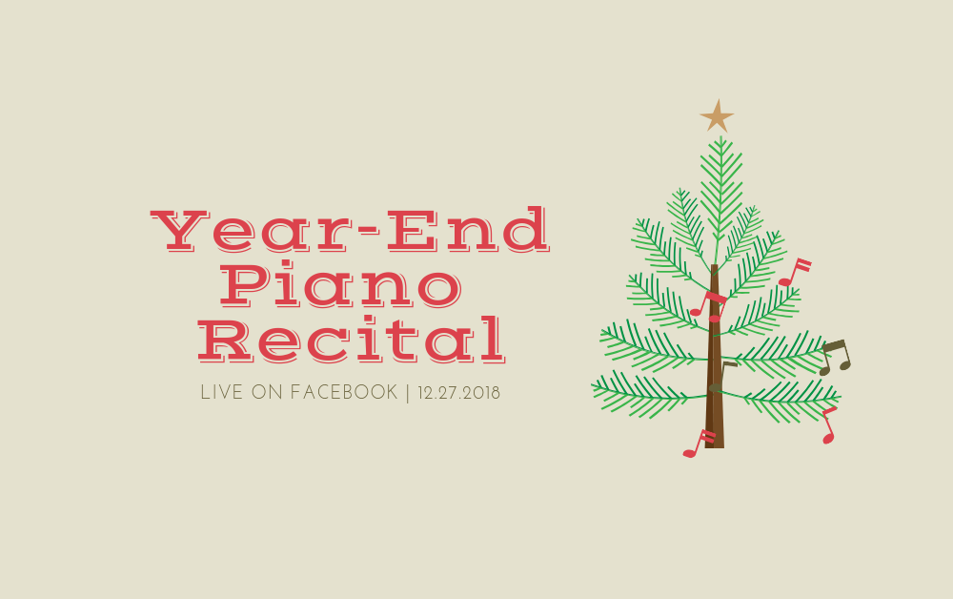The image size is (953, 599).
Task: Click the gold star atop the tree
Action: pos(718,116)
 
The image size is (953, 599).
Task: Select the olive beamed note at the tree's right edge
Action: pos(835,358)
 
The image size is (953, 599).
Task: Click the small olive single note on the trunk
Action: pos(722,377)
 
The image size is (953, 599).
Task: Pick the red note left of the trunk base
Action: pos(699,444)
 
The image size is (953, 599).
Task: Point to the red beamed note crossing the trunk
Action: pos(709,306)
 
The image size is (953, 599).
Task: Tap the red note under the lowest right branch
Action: pos(829,425)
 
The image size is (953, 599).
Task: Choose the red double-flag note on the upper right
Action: pos(795,273)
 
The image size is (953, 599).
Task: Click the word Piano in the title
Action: pos(341,285)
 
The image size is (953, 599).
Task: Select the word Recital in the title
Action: pos(352,340)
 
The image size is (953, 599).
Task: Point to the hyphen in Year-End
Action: pos(368,233)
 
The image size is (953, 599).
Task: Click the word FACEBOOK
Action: pos(344,392)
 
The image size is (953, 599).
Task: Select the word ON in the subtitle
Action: pos(267,392)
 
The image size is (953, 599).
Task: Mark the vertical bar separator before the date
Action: pos(408,393)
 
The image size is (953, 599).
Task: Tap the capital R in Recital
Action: pos(225,341)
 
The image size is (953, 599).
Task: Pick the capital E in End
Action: pos(412,231)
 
